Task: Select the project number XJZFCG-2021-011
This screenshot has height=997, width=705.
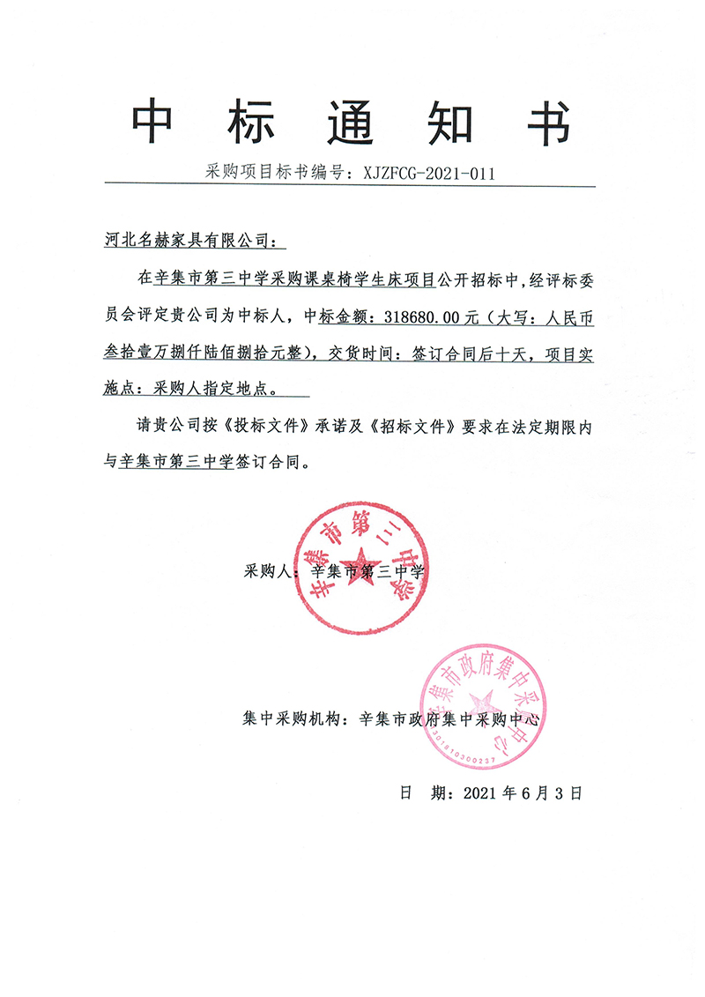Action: click(428, 173)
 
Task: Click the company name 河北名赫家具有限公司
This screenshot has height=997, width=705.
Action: click(189, 240)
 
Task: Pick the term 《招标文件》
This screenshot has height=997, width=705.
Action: click(414, 426)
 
